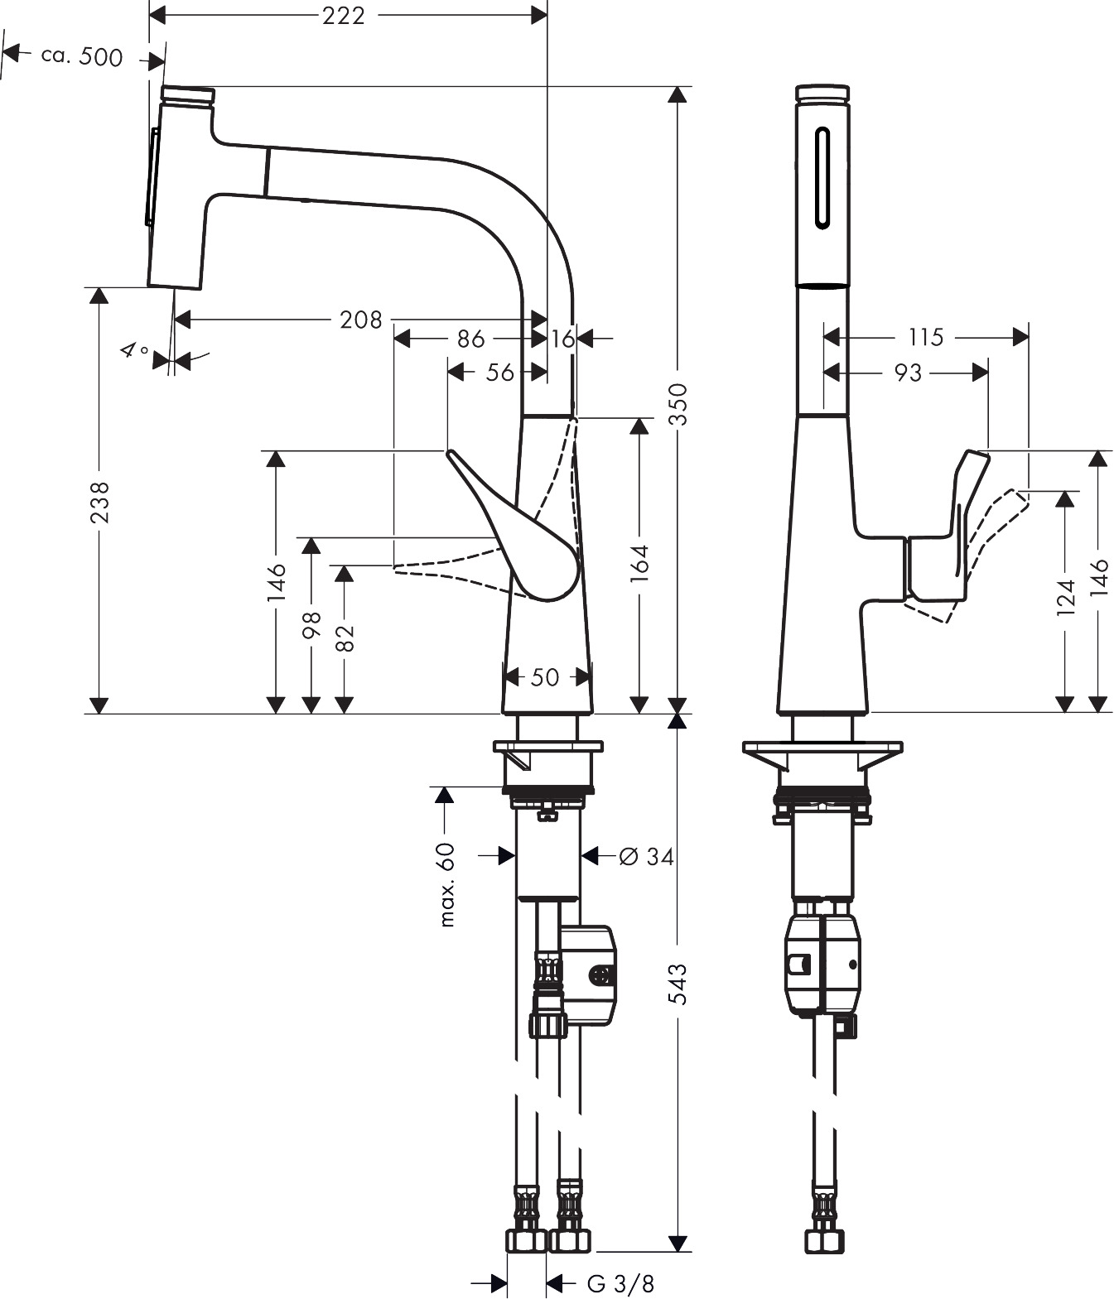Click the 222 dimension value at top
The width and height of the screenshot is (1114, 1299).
point(343,16)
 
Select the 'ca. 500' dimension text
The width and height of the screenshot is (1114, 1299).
point(81,56)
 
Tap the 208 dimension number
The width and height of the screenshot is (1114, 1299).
point(361,320)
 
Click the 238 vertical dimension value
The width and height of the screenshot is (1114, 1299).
point(99,503)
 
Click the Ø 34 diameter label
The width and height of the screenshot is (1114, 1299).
point(646,856)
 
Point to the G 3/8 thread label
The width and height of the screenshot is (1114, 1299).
point(620,1282)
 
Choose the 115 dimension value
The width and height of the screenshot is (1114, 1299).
point(926,338)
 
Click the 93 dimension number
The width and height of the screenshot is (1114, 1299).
point(908,373)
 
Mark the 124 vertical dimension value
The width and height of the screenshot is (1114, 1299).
point(1066,597)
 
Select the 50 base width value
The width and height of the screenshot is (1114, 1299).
point(544,677)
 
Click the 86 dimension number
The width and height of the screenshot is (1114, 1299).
point(471,339)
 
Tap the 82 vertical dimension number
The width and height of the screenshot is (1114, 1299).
point(345,638)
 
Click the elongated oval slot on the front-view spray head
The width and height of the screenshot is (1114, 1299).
point(822,178)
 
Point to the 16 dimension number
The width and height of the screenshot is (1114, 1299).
point(563,339)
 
